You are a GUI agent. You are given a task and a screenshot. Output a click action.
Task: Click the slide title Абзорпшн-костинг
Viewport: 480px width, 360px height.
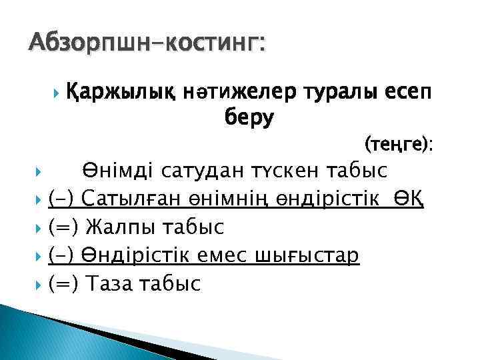coord(147,45)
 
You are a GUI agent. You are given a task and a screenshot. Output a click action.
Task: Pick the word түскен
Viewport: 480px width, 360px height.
coord(289,171)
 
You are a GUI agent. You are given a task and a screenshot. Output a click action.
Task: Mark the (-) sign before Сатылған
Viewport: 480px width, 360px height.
coord(64,199)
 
